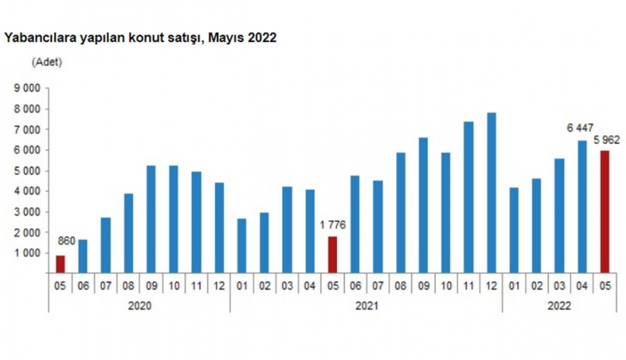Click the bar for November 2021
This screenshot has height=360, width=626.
click(468, 197)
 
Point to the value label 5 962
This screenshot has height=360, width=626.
click(605, 140)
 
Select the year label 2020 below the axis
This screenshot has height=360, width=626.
click(141, 304)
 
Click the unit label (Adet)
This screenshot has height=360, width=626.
click(46, 62)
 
